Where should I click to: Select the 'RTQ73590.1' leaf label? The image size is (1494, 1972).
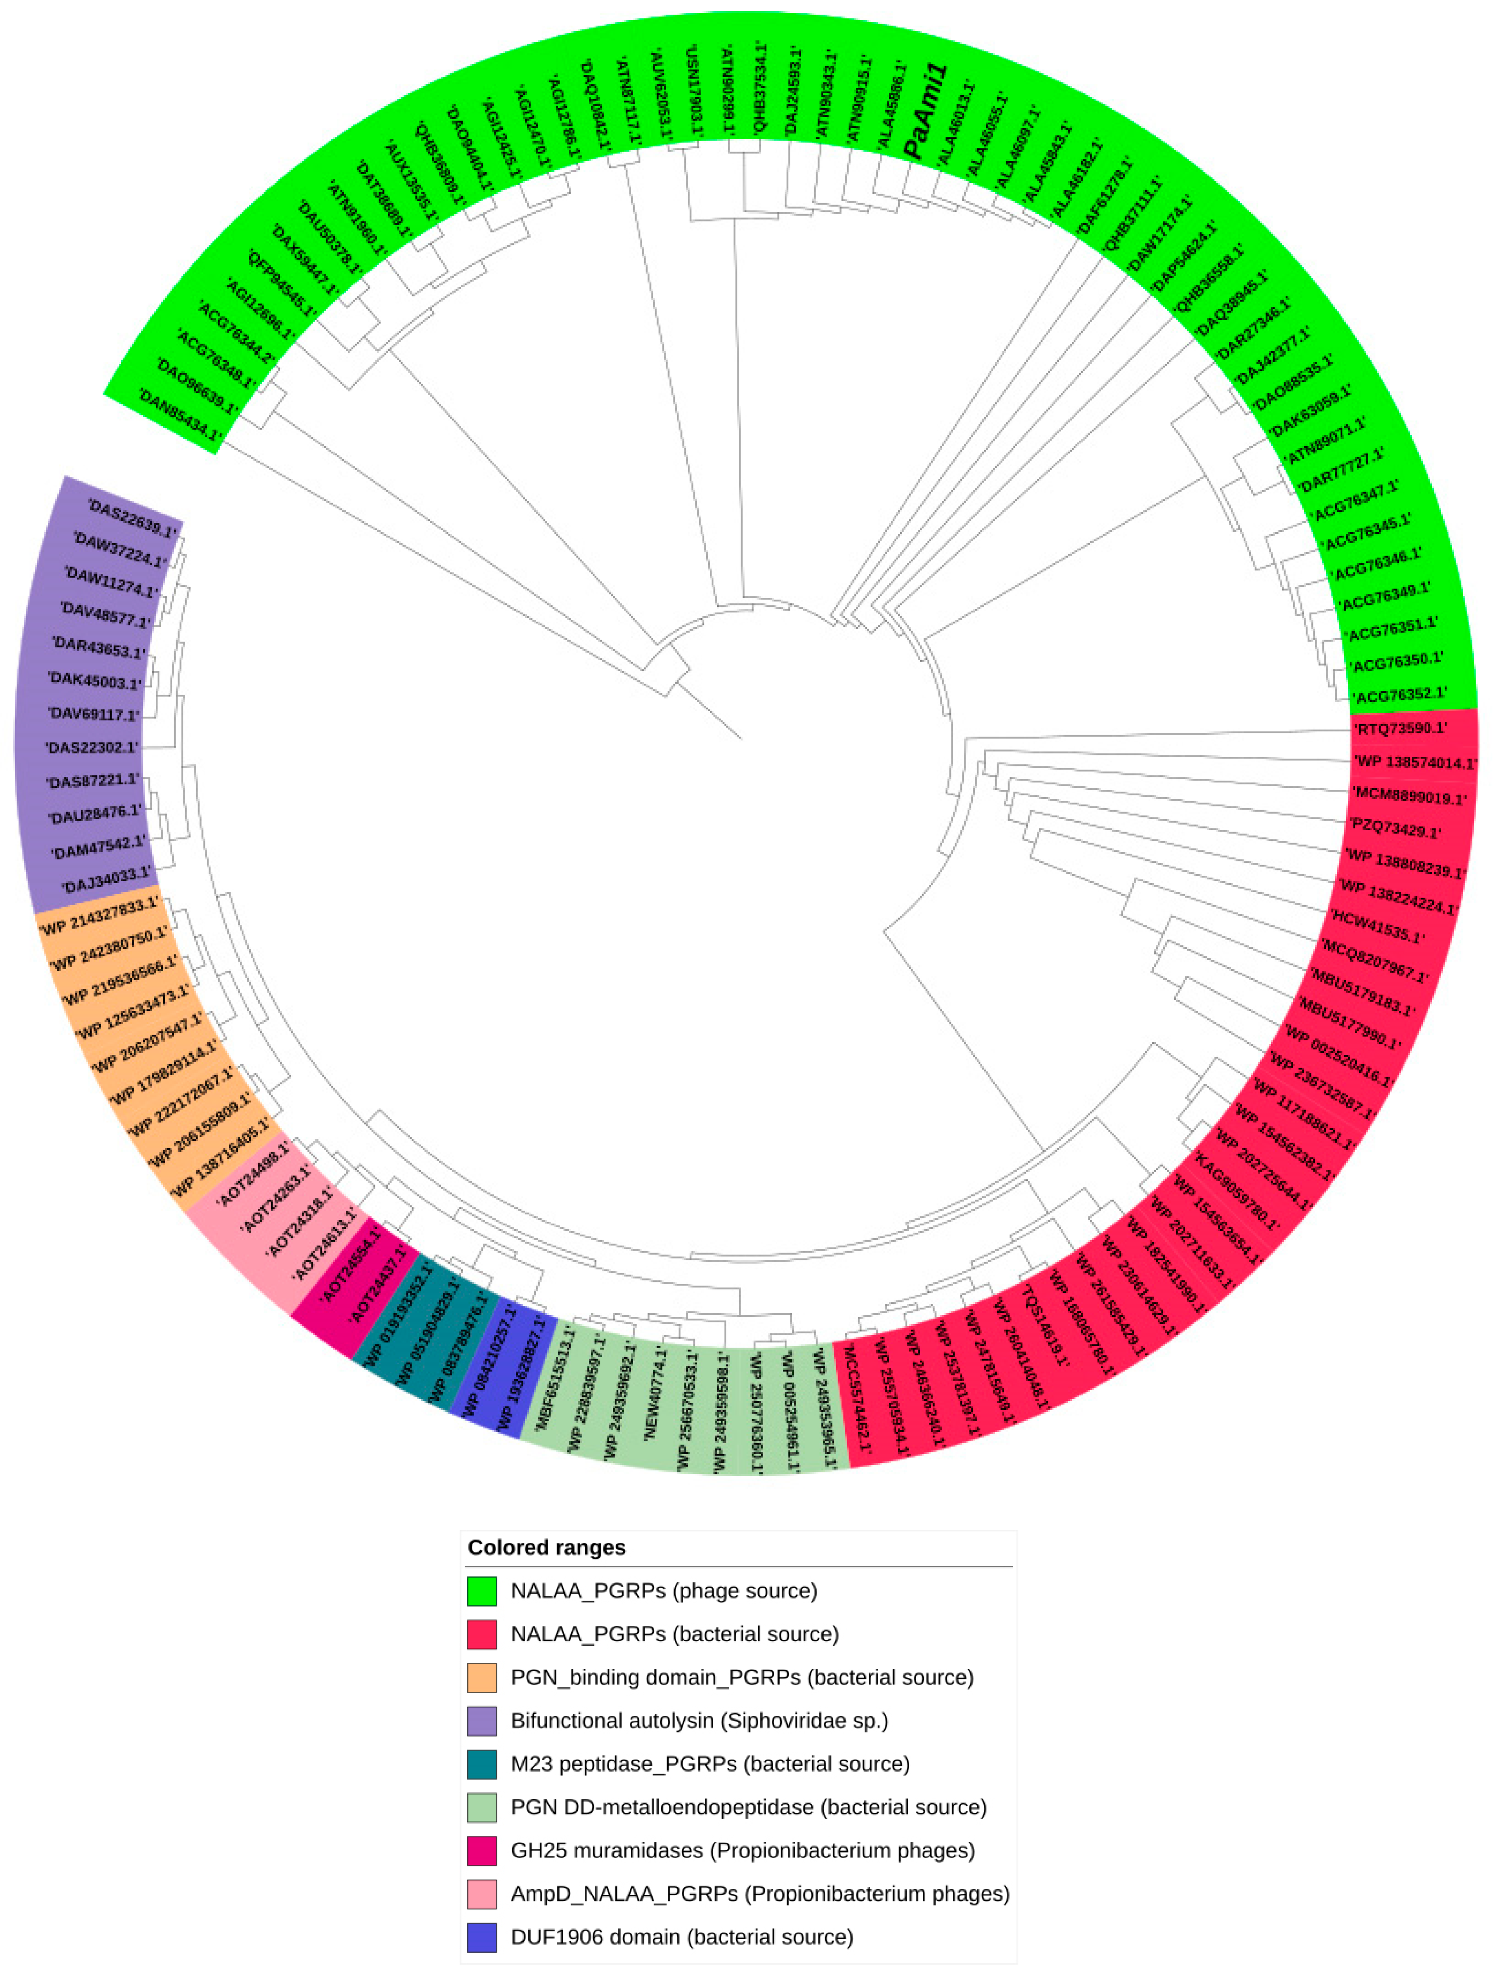point(1399,728)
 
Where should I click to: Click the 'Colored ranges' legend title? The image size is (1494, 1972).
point(546,1547)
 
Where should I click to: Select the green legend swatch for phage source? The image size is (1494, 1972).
point(481,1591)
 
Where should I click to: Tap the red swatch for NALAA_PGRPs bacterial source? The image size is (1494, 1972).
point(481,1634)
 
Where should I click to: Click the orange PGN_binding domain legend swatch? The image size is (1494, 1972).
point(481,1678)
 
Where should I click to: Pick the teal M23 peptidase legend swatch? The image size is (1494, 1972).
point(481,1764)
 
